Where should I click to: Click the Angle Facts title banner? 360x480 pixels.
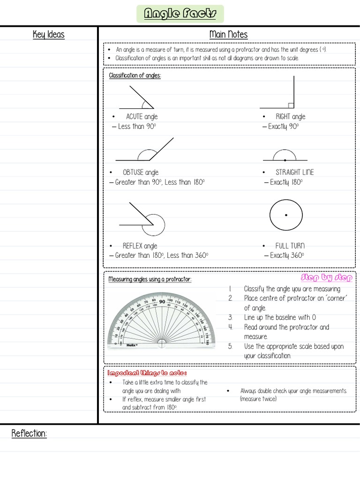click(x=180, y=14)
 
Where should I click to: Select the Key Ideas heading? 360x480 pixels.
click(x=48, y=35)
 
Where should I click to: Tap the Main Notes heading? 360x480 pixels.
click(x=228, y=35)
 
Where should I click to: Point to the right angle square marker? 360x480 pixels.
click(x=291, y=105)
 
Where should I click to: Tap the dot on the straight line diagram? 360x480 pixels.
click(x=285, y=160)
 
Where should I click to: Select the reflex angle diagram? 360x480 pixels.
click(x=143, y=219)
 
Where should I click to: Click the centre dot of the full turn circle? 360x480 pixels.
click(x=286, y=215)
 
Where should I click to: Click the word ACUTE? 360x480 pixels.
click(x=134, y=117)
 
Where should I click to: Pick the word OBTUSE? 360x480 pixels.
click(x=133, y=172)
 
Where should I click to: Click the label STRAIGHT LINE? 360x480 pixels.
click(x=294, y=172)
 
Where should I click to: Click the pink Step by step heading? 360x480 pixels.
click(x=326, y=277)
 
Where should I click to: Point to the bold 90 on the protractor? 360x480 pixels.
click(x=162, y=302)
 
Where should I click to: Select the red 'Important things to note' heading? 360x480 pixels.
click(x=147, y=373)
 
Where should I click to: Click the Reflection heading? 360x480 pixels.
click(x=29, y=434)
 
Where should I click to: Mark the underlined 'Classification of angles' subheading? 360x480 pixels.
click(x=135, y=75)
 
